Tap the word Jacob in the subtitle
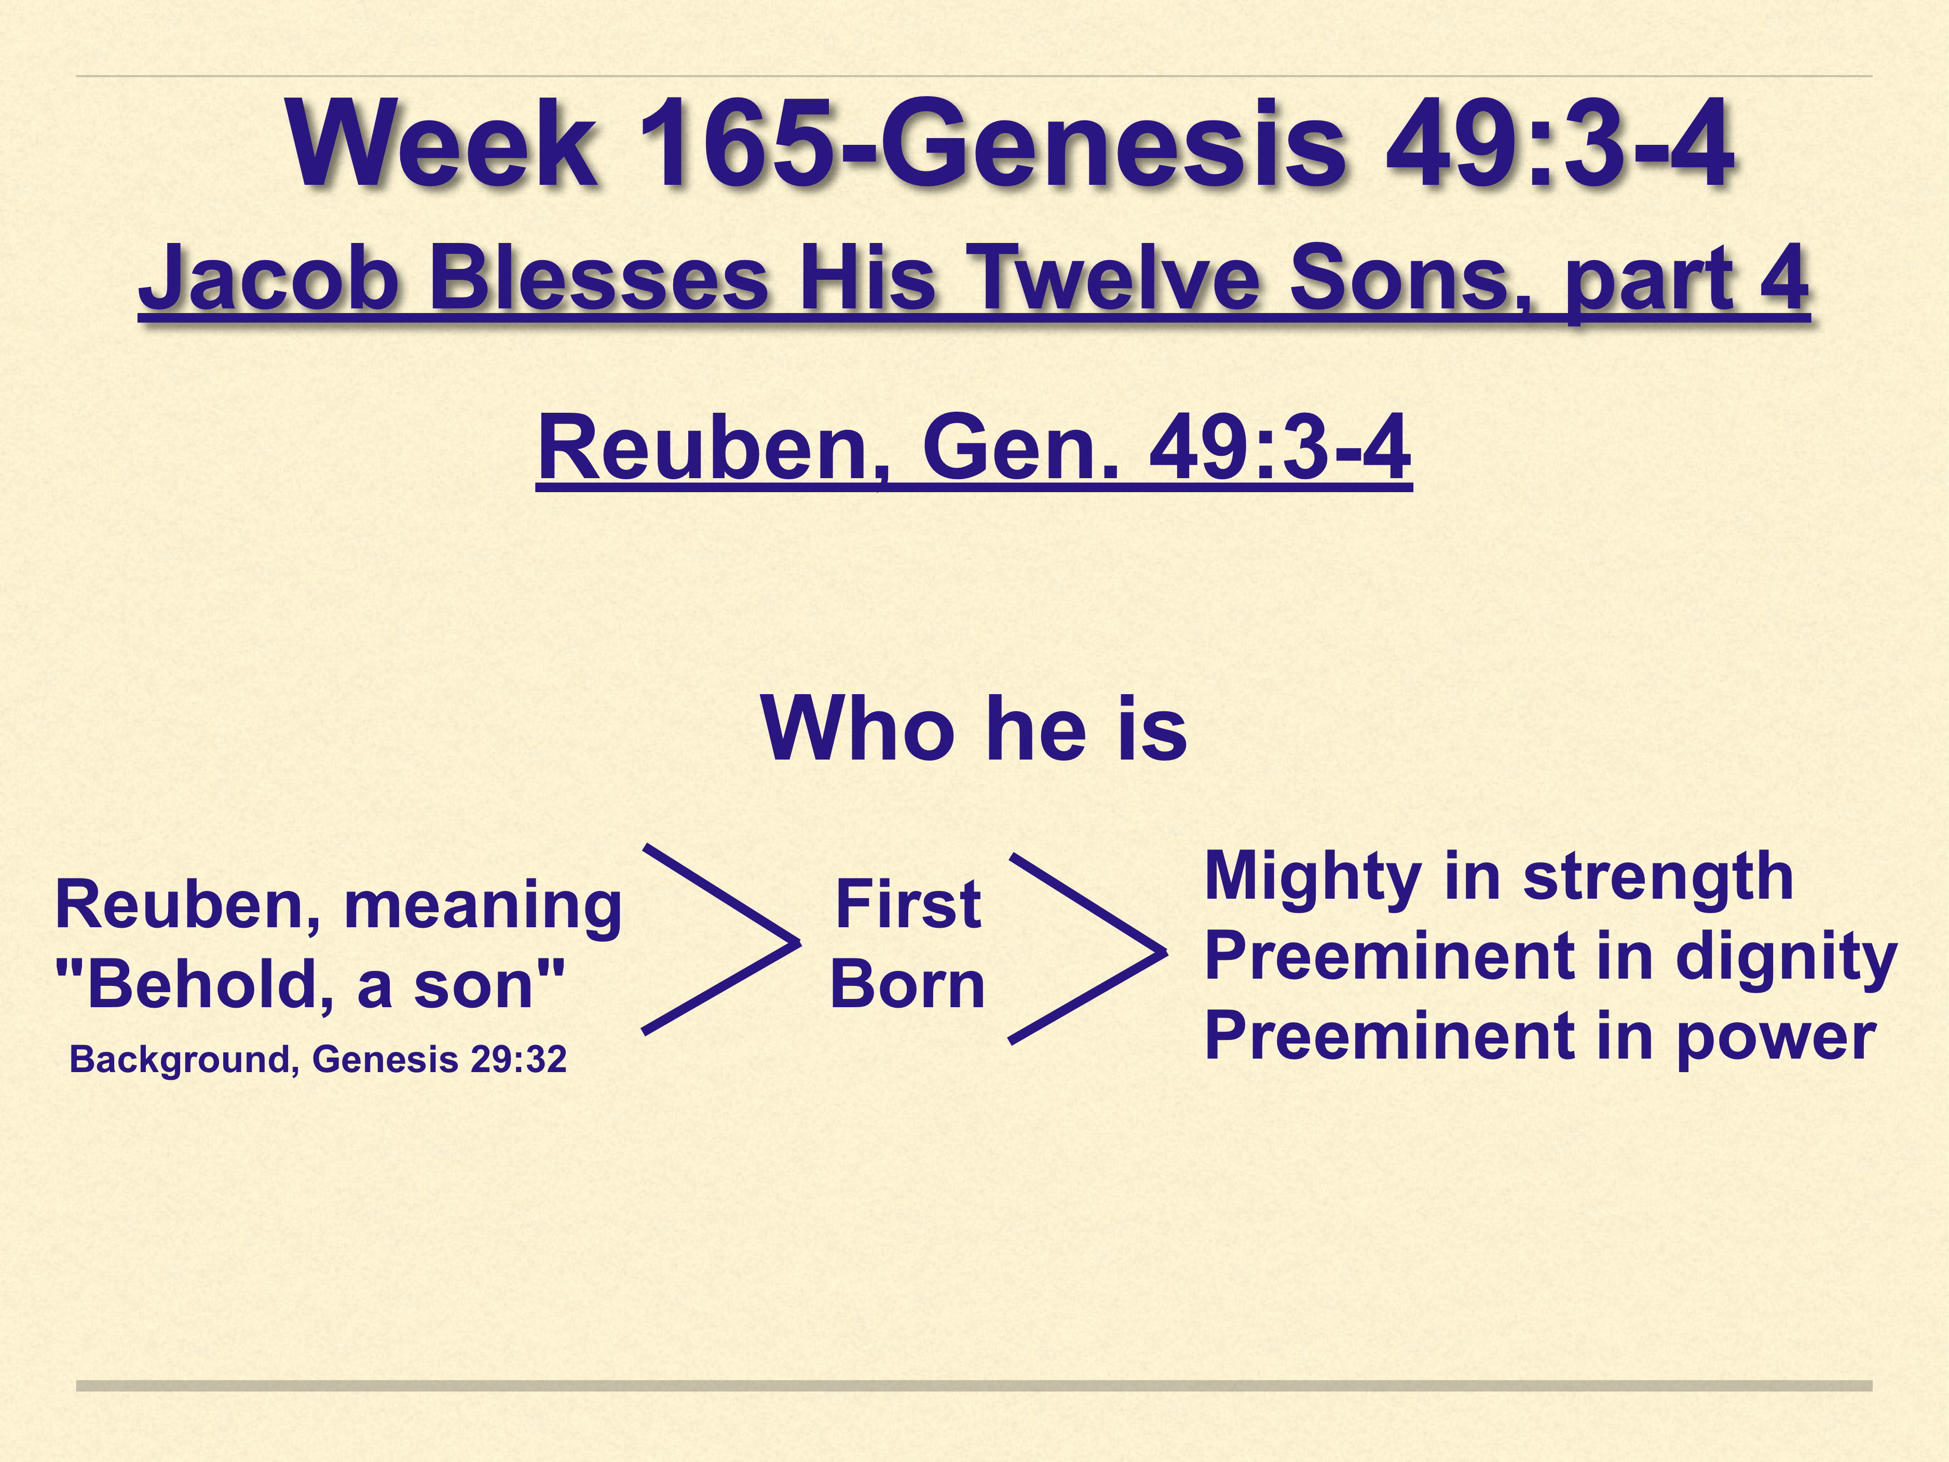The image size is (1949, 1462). click(x=269, y=278)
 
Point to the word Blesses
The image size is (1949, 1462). click(x=599, y=278)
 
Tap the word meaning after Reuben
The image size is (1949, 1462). click(x=483, y=908)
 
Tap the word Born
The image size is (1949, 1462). click(x=907, y=984)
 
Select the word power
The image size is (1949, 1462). click(x=1776, y=1039)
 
